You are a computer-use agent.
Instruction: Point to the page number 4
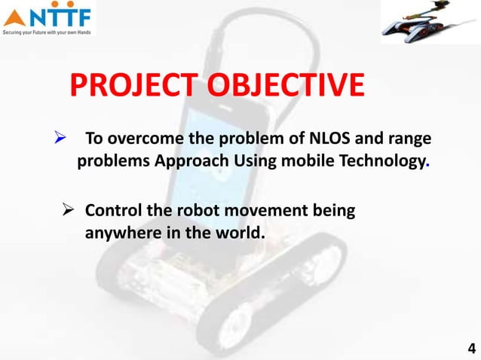[471, 348]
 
